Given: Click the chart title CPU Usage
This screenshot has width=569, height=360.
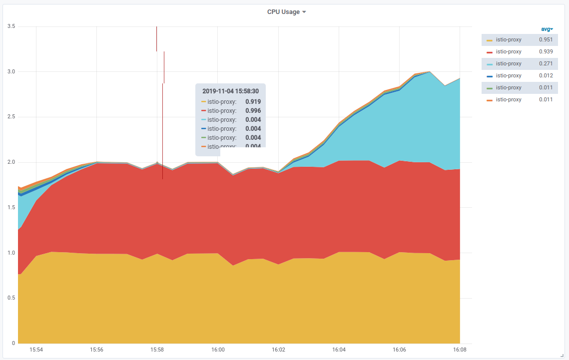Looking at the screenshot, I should [283, 12].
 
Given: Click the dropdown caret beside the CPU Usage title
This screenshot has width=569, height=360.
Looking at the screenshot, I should [304, 12].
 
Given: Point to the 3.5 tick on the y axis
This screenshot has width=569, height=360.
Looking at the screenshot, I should [11, 26].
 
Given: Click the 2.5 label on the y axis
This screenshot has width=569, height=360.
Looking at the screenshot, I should [11, 117].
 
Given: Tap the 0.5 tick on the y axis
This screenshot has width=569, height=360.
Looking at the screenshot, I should [11, 298].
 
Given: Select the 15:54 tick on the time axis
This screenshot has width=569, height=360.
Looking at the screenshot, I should [36, 350].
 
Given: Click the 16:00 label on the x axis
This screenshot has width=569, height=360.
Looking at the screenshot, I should [218, 350].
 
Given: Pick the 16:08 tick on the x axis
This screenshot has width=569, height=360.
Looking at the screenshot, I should [460, 350].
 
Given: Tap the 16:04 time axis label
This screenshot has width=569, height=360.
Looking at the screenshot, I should [339, 350].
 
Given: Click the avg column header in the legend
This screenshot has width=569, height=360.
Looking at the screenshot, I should [547, 29].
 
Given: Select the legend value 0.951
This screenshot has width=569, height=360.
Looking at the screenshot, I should [546, 39].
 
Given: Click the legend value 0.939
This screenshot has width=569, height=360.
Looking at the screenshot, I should [546, 51].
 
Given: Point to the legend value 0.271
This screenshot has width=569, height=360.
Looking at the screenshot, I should [546, 63].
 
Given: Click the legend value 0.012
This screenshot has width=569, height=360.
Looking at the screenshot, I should [546, 75].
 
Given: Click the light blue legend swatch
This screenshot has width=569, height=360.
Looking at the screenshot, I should [490, 64].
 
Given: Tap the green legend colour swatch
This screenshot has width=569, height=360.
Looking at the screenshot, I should [490, 88].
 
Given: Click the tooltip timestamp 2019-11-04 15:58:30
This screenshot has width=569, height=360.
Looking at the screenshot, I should [230, 91].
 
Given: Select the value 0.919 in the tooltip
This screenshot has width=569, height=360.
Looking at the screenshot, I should [253, 101].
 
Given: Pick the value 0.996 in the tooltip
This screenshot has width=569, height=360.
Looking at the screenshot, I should [253, 110].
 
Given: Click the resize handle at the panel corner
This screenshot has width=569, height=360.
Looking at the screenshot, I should [562, 355].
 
